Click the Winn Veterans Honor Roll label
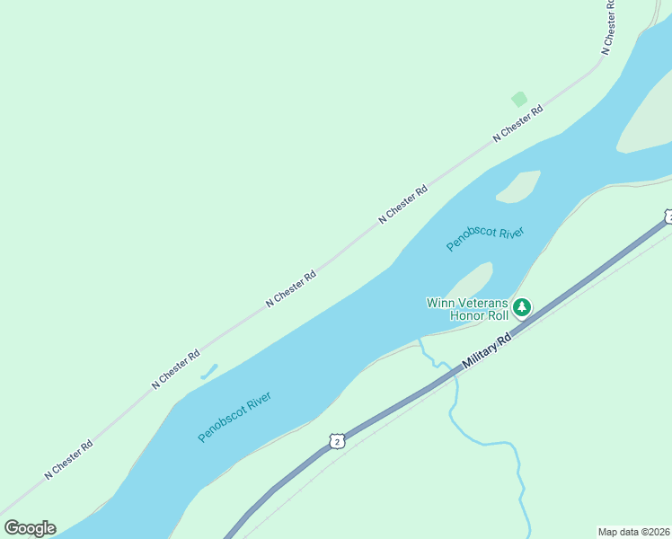467,309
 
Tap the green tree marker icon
522,308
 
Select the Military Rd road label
487,349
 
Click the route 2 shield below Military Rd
336,440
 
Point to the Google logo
30,528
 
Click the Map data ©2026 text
633,532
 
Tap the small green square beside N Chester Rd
518,99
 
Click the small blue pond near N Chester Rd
208,371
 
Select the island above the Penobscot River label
518,186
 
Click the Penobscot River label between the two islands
485,239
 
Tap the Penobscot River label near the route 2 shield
234,416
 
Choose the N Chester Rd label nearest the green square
518,124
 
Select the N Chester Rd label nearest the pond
176,369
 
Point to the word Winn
440,303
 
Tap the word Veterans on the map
483,303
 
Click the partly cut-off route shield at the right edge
668,216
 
